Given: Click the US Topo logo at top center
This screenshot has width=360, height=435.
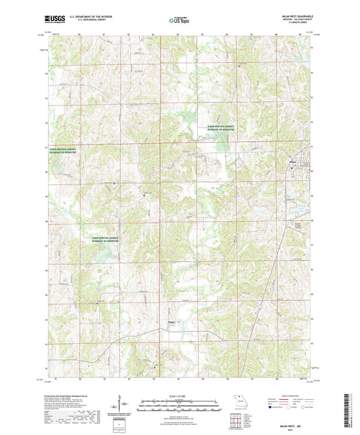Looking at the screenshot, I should tap(180, 21).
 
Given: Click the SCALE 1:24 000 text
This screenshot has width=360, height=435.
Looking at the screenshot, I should tap(180, 395).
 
